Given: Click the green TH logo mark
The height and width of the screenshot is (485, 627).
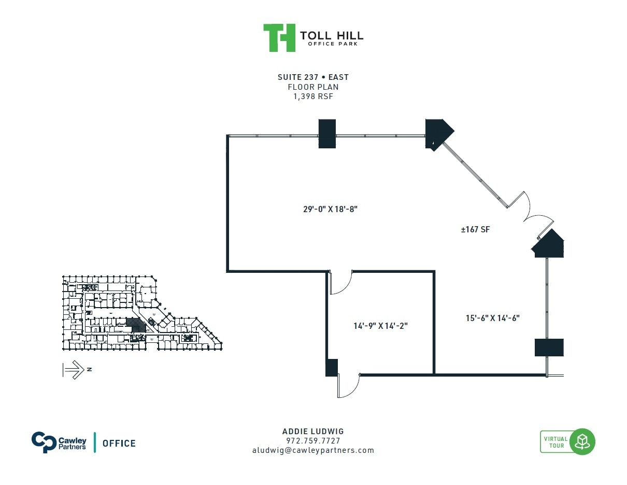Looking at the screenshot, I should click(279, 37).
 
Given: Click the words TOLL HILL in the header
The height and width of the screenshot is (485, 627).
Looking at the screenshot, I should click(332, 35).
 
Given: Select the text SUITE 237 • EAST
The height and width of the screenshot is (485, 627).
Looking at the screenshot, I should click(313, 77).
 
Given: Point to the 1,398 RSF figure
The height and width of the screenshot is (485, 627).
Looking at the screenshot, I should click(313, 96).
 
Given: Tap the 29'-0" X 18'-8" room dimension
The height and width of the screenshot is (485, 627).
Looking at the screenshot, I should click(331, 209).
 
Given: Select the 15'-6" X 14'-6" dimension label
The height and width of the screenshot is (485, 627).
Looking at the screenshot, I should click(492, 318).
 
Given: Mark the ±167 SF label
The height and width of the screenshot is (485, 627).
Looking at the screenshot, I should click(475, 229).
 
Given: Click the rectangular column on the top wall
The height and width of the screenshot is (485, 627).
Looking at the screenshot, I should click(326, 134).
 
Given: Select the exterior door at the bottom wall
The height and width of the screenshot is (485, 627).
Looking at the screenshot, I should click(348, 386).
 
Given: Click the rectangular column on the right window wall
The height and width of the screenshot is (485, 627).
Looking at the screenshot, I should click(549, 347).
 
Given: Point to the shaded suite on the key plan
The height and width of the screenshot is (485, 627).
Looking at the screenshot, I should click(136, 325).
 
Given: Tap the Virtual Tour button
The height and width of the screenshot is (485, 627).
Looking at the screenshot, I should click(567, 442).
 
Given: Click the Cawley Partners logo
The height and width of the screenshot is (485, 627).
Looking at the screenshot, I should click(59, 442).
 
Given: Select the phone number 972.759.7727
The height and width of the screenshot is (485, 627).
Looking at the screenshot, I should click(313, 441).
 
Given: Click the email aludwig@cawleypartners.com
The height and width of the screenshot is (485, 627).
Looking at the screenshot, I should click(313, 450).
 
